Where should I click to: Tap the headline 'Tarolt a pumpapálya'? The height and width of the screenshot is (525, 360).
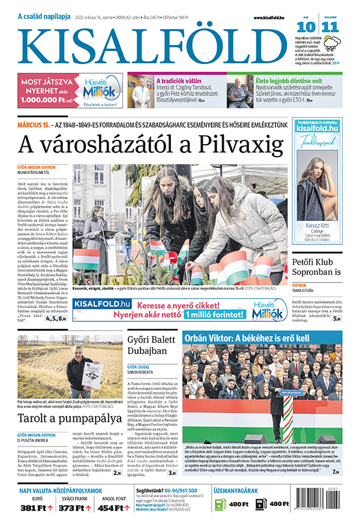pos(60,418)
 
